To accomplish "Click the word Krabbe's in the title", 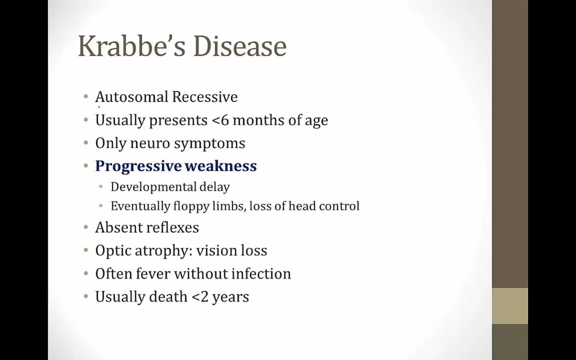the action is point(132,46).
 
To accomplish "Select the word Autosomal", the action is point(132,97).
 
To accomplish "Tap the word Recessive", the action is point(205,97).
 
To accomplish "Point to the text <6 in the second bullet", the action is point(220,120).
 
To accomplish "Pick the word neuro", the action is point(150,144).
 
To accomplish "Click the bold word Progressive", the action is point(138,166).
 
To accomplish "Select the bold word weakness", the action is point(221,166).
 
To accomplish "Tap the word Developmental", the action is point(154,187).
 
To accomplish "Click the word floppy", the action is point(191,206).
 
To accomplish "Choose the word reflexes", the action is point(173,228).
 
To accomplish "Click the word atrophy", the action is point(164,251).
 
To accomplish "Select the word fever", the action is point(153,274).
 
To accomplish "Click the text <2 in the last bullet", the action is point(200,297).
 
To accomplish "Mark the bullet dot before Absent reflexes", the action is point(86,227).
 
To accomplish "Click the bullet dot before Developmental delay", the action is point(101,187).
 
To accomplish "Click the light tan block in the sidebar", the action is point(510,306).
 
